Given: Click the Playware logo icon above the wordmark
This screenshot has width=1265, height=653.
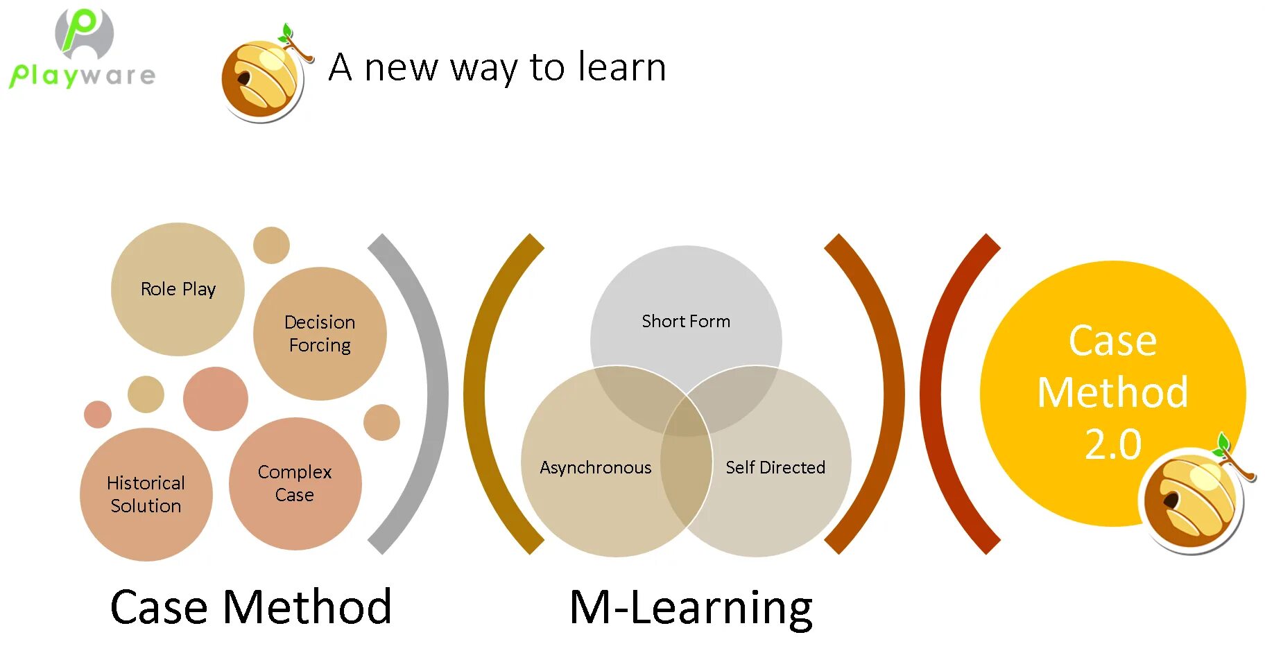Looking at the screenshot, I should coord(85,33).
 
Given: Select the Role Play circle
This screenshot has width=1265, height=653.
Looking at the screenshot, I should coord(178,289).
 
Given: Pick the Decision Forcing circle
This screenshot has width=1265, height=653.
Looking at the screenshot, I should coord(320,333).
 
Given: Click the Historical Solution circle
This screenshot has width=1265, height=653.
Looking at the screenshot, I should coord(146,494).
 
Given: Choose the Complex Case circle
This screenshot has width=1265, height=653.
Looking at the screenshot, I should coord(295,483).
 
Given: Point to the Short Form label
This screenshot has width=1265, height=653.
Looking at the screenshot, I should coord(685,322).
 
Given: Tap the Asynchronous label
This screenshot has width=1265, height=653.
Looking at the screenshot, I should coord(595,468).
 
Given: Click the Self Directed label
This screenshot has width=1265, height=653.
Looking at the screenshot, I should coord(775,468).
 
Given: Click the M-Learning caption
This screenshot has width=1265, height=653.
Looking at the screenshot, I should coord(691,607).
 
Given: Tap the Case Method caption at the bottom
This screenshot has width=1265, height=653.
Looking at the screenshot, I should coord(250,607).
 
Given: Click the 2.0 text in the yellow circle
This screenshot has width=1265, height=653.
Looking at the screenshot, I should coord(1112,444).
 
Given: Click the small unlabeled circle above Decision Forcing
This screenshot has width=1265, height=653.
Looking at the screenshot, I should coord(271,245).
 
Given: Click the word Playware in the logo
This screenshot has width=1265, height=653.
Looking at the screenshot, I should coord(83,75).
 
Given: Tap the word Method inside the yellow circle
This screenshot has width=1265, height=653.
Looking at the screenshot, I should coord(1112,392).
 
